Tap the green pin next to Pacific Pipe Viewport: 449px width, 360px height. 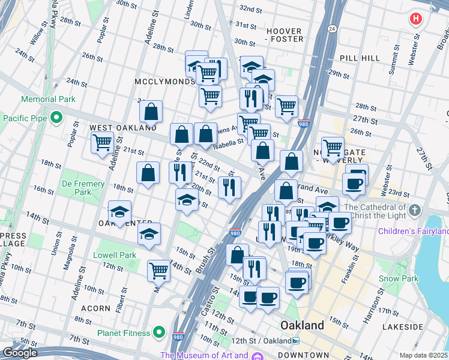pyautogui.click(x=56, y=118)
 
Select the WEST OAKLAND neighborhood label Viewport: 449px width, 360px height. pyautogui.click(x=123, y=128)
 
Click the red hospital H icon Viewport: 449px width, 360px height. pyautogui.click(x=415, y=19)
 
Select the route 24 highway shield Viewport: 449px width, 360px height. pyautogui.click(x=331, y=28)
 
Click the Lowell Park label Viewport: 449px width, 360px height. pyautogui.click(x=115, y=255)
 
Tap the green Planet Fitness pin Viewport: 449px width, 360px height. pyautogui.click(x=159, y=331)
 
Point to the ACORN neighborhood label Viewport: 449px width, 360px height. pyautogui.click(x=95, y=308)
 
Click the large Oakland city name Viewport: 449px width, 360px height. pyautogui.click(x=303, y=325)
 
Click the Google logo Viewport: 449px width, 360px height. pyautogui.click(x=20, y=353)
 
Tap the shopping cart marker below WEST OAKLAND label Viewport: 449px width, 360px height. pyautogui.click(x=102, y=143)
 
